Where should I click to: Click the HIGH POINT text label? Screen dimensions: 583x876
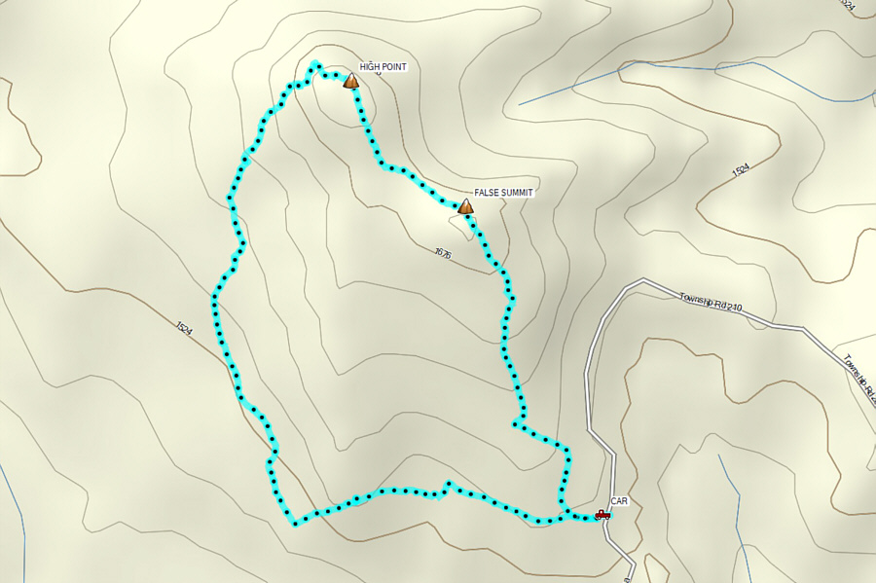point(383,67)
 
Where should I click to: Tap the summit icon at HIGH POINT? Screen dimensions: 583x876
point(351,82)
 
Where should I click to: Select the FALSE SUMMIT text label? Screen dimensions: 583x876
point(504,193)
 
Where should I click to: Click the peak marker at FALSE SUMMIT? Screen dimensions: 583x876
point(465,207)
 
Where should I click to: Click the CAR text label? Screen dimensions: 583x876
point(619,500)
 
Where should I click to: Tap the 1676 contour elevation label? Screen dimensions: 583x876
point(444,253)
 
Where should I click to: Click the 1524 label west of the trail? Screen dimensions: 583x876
point(185,329)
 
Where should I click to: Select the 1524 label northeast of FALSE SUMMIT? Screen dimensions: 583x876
point(741,171)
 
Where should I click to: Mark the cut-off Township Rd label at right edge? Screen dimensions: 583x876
point(859,375)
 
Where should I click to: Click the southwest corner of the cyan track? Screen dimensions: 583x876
point(294,524)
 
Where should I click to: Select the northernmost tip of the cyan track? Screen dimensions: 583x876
point(314,65)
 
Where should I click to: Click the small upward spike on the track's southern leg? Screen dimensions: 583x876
point(448,483)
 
